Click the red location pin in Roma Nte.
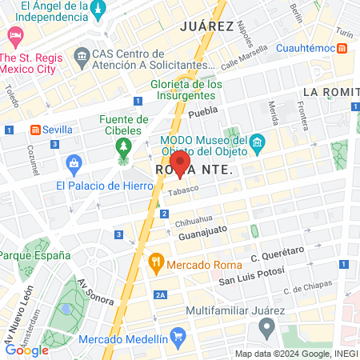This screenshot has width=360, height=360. coord(180,163)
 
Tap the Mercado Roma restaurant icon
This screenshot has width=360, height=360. coord(156,261)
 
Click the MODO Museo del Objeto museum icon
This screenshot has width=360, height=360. coord(258,145)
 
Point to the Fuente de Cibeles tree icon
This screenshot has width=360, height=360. coord(123,146)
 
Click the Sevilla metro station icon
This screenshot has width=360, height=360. coord(35,130)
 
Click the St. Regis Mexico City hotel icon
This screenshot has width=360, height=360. coord(14,35)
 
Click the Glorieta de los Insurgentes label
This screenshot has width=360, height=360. coord(186,90)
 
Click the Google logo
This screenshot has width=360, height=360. coord(26,350)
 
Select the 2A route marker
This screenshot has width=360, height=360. coord(161,295)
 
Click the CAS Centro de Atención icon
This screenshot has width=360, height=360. coord(81,56)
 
